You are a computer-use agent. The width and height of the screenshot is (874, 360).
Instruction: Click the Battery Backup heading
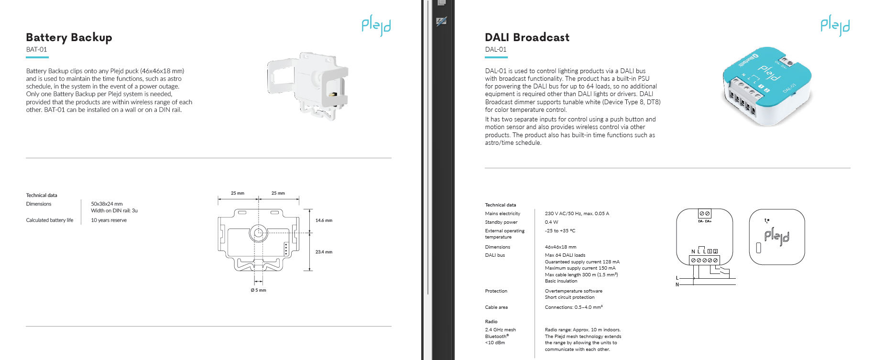coord(69,38)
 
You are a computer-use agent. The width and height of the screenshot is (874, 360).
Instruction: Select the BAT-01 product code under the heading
coord(36,50)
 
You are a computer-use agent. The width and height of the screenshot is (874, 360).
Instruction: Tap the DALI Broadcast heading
coord(527,37)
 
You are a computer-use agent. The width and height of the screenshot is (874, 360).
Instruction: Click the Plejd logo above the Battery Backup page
coord(376,25)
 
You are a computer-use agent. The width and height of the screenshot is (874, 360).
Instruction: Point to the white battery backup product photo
coord(307,86)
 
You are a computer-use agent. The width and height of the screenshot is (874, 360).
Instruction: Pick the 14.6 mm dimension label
coord(324,220)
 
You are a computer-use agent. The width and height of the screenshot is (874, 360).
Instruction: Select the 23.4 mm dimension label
coord(324,252)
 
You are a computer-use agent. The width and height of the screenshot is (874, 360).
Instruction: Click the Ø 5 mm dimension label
coord(258,290)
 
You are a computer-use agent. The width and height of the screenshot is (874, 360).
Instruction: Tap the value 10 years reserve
coord(109,220)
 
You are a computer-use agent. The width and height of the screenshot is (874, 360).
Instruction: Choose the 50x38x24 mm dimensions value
coord(107,204)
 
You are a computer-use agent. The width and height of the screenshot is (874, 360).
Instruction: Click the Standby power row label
coord(501,222)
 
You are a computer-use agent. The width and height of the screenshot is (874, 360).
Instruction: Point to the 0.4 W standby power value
coord(551,222)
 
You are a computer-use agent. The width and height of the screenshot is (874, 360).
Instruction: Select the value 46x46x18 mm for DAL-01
coord(560,247)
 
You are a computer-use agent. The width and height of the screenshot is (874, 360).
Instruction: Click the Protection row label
coord(496,291)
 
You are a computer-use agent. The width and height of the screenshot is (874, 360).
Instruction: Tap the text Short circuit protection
coord(569,297)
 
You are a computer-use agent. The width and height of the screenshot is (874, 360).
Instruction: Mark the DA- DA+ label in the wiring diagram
coord(705,221)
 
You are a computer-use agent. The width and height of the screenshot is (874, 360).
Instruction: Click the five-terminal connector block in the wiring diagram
coord(704,261)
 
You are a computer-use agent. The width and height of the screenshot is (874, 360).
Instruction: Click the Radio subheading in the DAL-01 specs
coord(491,322)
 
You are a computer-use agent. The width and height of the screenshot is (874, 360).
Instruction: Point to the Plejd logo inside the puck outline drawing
coord(776,237)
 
